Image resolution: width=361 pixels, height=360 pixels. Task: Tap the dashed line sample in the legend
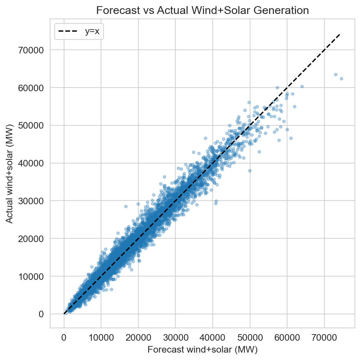pyautogui.click(x=70, y=32)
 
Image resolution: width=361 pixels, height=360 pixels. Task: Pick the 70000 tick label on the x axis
pyautogui.click(x=324, y=337)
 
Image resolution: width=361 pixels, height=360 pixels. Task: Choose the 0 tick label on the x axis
pyautogui.click(x=64, y=337)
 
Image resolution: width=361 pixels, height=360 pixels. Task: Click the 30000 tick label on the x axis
pyautogui.click(x=175, y=337)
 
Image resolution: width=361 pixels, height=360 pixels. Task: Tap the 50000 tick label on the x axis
pyautogui.click(x=250, y=337)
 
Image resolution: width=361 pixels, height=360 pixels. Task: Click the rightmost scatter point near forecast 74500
pyautogui.click(x=341, y=78)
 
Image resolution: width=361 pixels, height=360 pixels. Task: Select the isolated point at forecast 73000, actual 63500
pyautogui.click(x=336, y=74)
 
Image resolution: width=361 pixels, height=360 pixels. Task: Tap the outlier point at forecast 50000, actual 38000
pyautogui.click(x=250, y=171)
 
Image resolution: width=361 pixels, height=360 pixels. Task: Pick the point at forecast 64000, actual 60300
pyautogui.click(x=302, y=87)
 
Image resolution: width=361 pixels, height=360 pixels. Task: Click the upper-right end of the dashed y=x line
pyautogui.click(x=341, y=33)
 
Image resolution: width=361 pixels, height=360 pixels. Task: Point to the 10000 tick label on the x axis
pyautogui.click(x=101, y=337)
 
